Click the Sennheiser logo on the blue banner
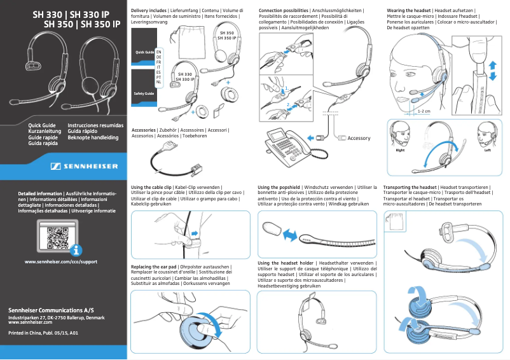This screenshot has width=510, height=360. [83, 167]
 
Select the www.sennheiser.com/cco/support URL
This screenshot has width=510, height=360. [60, 261]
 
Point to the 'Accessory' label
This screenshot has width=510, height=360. [358, 138]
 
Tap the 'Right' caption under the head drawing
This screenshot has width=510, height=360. [400, 150]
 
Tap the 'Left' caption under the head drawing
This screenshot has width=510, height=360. [487, 150]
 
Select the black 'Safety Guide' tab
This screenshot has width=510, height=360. [143, 93]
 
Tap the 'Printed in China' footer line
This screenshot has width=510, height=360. [43, 333]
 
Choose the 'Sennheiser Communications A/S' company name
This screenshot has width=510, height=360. [51, 309]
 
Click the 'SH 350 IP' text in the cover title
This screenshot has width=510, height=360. [99, 25]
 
